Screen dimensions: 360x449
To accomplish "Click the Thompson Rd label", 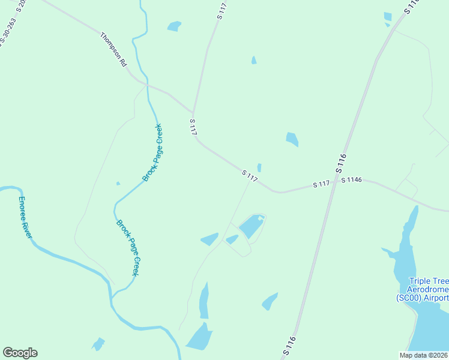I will [x=114, y=50].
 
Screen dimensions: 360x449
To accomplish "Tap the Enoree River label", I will [x=25, y=217].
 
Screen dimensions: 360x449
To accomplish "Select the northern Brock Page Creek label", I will [x=152, y=153].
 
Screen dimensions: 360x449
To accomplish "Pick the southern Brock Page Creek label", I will [x=128, y=247].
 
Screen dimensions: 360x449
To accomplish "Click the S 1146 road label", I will [x=352, y=180].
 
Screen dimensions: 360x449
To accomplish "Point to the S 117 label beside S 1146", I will [x=322, y=185].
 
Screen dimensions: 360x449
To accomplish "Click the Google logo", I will [x=20, y=353].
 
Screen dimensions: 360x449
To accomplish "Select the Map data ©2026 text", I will [x=423, y=355].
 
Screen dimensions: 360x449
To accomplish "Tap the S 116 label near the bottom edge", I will [x=289, y=344].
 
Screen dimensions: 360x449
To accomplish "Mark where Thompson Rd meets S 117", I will [x=193, y=112].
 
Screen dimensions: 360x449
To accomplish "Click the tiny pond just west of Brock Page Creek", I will [x=118, y=183].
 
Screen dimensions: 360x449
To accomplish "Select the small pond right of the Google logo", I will [x=97, y=344].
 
